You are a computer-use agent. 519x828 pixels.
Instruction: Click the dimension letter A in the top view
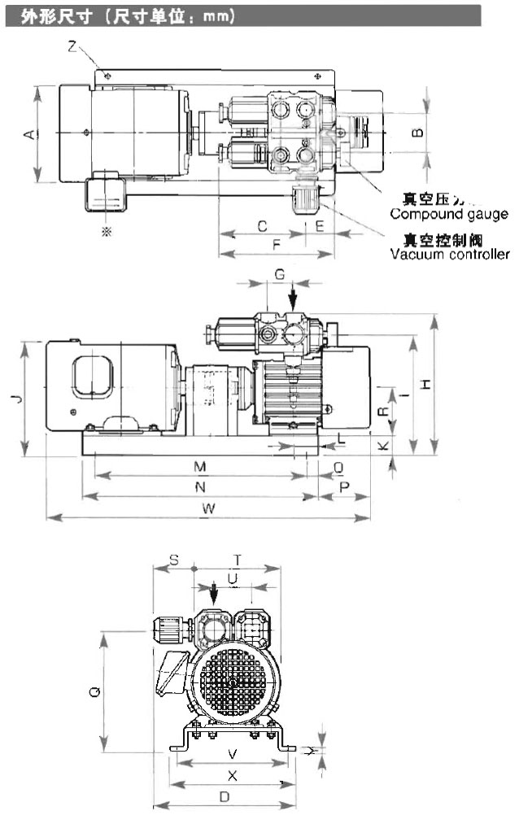(x=29, y=134)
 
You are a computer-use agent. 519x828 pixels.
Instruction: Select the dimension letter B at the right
(x=417, y=131)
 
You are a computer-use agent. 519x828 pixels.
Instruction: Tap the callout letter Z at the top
(x=72, y=48)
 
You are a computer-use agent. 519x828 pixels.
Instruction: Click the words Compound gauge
(x=449, y=215)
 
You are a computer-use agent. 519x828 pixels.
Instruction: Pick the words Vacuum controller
(x=450, y=254)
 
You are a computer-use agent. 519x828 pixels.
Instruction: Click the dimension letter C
(x=261, y=225)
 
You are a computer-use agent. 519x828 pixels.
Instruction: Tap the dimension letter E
(x=320, y=225)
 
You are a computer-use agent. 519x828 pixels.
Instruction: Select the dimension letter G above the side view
(x=279, y=275)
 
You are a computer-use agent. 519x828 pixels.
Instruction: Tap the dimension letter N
(x=198, y=486)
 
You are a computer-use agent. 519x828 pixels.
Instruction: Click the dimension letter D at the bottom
(x=223, y=798)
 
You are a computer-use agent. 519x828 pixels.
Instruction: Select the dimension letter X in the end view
(x=232, y=775)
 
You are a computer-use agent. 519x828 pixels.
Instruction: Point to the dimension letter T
(x=237, y=560)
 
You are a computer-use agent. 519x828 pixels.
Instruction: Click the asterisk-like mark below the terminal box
(x=105, y=232)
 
